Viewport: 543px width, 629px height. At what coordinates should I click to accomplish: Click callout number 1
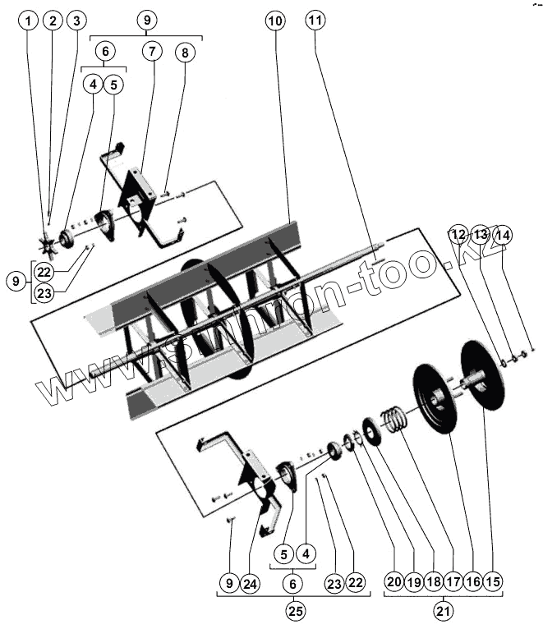(x=30, y=20)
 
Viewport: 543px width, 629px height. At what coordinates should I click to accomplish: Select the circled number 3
(x=76, y=20)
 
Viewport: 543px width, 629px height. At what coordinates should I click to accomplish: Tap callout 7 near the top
(x=152, y=52)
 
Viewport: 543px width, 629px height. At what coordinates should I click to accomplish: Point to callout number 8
(x=185, y=52)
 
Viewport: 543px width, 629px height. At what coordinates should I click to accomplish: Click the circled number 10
(x=275, y=20)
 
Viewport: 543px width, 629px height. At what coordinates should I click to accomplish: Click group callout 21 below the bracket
(x=444, y=611)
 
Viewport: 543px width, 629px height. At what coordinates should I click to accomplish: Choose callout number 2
(x=53, y=20)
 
